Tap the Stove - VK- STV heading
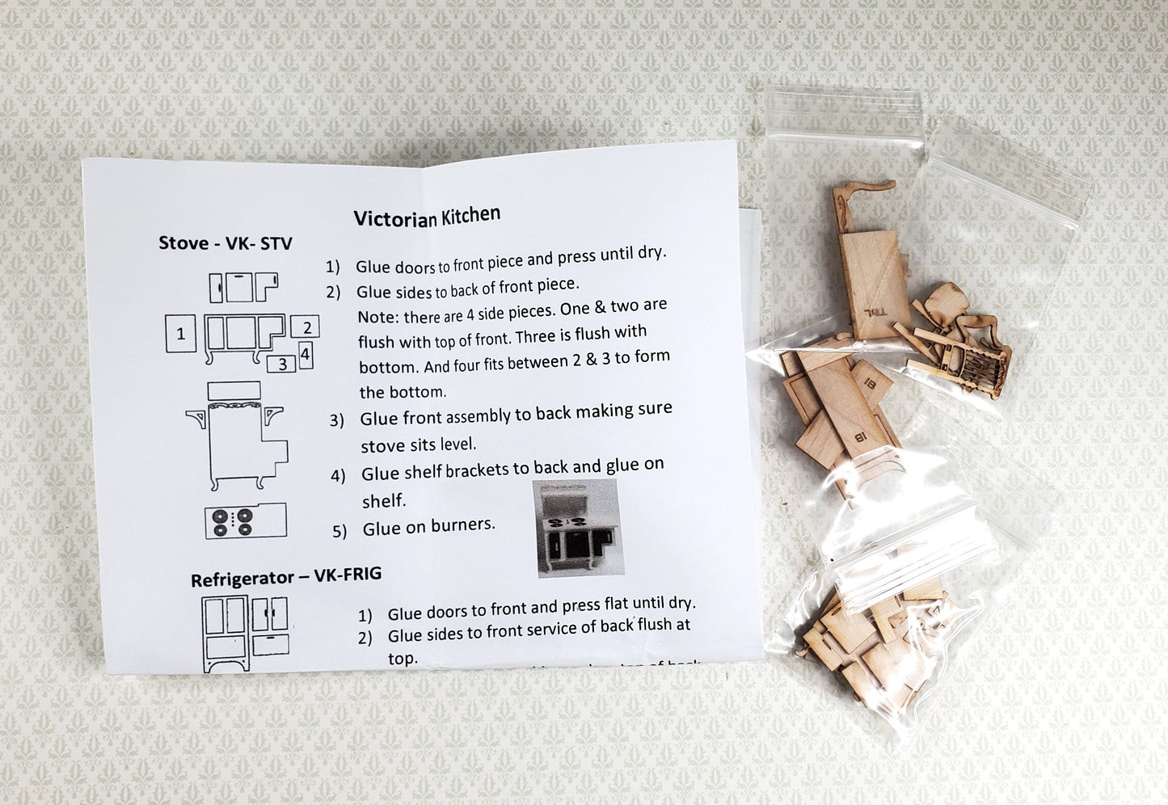225,243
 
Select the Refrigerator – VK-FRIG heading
285,577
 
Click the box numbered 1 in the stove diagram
180,334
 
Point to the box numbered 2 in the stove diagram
306,327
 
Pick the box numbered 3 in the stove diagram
281,364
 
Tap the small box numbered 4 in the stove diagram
306,354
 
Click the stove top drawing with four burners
245,521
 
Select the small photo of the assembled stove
577,528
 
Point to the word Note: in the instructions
377,317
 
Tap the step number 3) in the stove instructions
337,420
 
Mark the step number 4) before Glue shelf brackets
338,475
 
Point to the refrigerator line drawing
245,633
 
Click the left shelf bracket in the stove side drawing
196,419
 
